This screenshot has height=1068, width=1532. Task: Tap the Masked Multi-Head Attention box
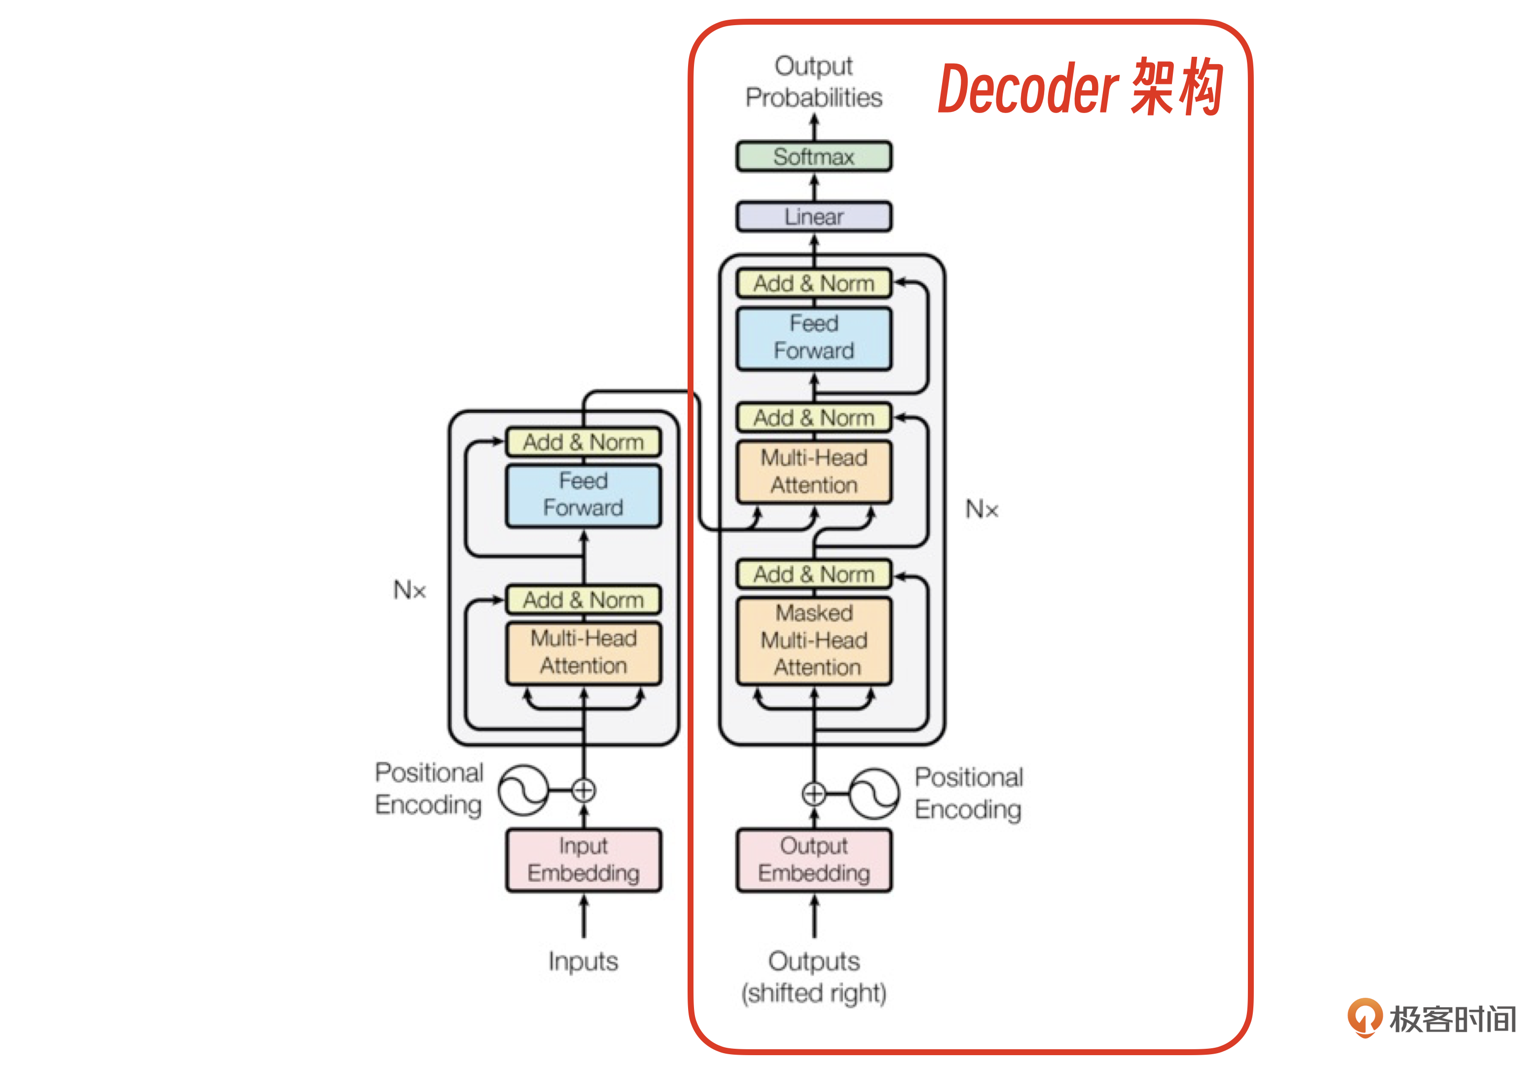(813, 641)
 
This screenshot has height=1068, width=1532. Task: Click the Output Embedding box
(813, 860)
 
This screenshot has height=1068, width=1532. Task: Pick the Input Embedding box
(583, 860)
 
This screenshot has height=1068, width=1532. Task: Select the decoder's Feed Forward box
(813, 338)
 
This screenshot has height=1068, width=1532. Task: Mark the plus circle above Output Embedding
(813, 794)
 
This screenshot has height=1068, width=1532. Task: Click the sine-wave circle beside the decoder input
(874, 794)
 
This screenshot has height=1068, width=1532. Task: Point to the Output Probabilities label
(813, 82)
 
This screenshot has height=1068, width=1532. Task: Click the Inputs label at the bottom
(583, 962)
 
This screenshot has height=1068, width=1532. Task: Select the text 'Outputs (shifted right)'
(813, 977)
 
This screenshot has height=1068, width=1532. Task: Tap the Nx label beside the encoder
(409, 591)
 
